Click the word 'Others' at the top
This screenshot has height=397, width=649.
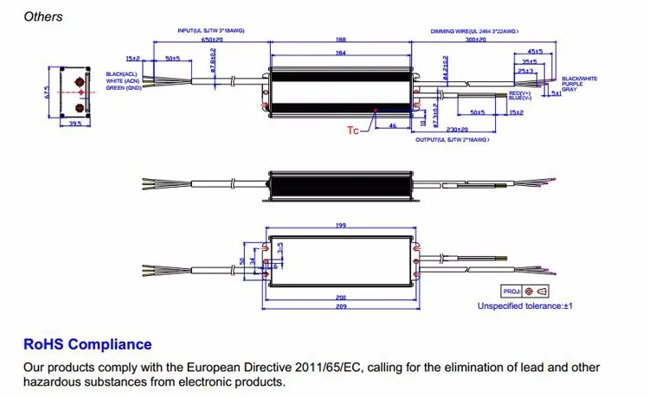click(x=42, y=16)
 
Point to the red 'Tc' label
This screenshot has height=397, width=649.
click(x=352, y=131)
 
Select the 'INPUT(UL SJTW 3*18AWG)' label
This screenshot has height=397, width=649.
click(x=211, y=30)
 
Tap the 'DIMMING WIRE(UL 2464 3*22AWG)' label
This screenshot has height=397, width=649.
click(x=474, y=30)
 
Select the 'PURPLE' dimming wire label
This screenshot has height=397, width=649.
click(x=572, y=84)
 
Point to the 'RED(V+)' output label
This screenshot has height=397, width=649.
click(x=519, y=93)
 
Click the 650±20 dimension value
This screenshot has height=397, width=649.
click(x=211, y=40)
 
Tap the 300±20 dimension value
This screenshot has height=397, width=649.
click(x=474, y=40)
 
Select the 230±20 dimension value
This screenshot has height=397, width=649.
click(x=468, y=129)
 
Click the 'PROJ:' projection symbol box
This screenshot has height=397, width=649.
click(x=525, y=292)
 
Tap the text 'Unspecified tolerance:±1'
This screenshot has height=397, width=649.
click(x=525, y=305)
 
